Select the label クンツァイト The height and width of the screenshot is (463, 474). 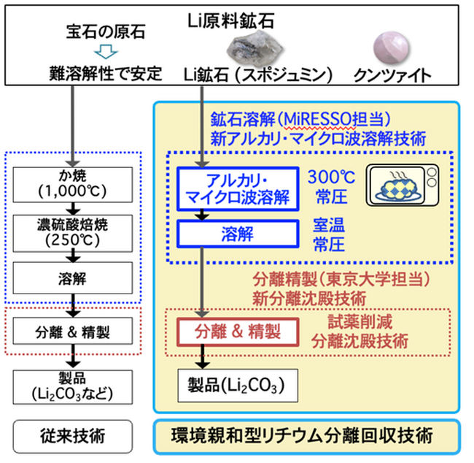[x=391, y=74]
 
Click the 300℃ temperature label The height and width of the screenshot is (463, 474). [x=330, y=177]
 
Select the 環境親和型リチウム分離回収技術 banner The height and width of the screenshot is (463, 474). [x=307, y=436]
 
